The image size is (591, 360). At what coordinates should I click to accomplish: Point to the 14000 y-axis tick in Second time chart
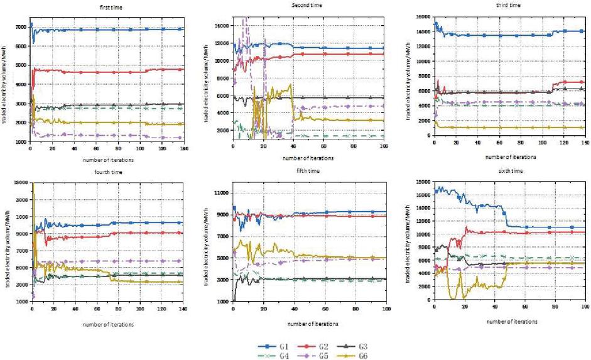222,26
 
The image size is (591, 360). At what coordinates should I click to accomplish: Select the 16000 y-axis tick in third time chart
423,16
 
